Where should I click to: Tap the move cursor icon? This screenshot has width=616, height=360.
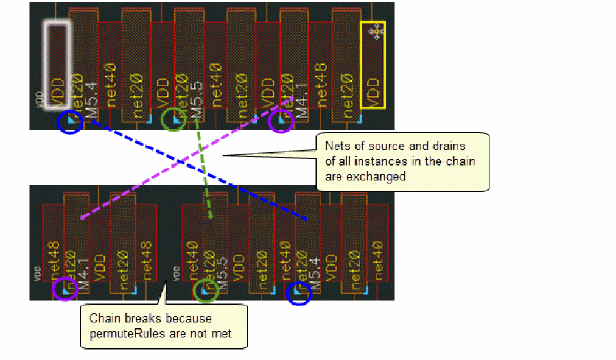click(376, 31)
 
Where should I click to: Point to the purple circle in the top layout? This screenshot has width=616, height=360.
click(281, 121)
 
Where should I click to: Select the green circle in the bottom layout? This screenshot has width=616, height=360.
click(206, 290)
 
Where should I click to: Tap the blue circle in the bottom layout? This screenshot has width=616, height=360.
click(299, 294)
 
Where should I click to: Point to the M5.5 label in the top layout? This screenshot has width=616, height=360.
click(196, 99)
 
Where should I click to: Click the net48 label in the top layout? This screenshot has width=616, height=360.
click(321, 80)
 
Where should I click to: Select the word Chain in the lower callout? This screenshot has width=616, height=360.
click(102, 318)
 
